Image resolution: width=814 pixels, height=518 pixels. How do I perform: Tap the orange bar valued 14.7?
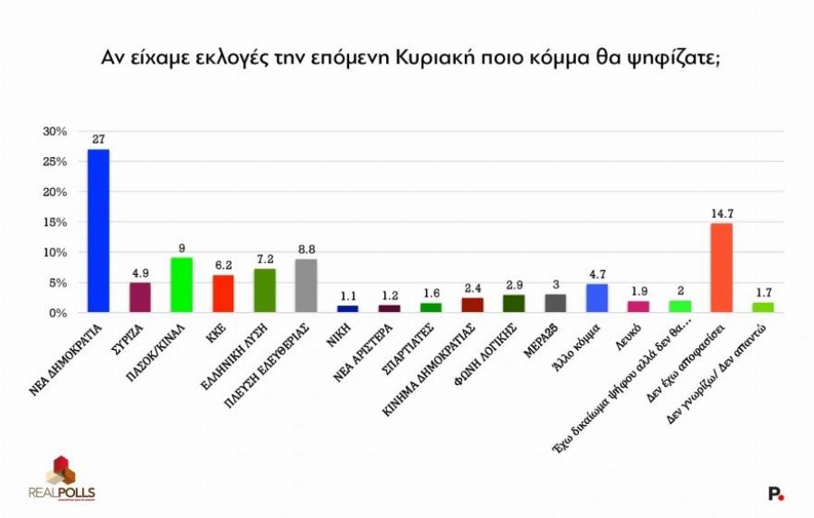pos(721,268)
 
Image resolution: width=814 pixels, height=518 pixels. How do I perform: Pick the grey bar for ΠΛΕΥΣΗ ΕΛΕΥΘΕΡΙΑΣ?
pos(306,286)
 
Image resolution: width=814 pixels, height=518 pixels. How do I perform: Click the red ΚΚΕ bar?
pos(222,294)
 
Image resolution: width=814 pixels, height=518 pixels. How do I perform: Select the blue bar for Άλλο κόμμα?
pos(596,298)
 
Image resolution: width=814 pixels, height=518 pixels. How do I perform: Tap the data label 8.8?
pos(306,250)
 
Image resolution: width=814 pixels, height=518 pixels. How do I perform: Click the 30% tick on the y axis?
pos(55,131)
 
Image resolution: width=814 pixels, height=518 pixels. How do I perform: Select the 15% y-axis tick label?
pos(55,222)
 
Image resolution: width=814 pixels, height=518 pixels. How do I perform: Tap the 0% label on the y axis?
pos(58,313)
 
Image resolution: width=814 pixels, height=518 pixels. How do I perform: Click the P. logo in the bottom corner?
pos(775,493)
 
